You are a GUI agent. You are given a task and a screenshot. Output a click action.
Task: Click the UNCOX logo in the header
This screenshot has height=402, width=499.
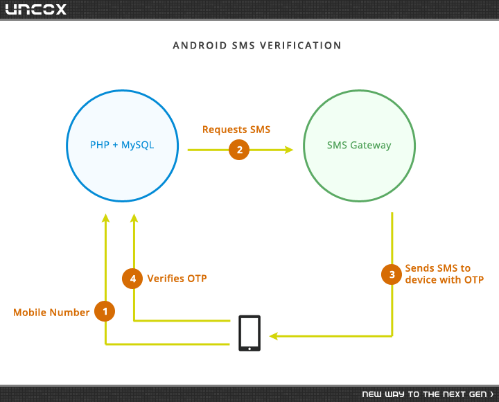click(x=35, y=9)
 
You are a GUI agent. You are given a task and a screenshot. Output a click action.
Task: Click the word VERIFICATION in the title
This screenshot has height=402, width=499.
click(x=300, y=46)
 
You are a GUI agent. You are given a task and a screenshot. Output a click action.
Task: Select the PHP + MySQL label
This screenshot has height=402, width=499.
click(x=122, y=145)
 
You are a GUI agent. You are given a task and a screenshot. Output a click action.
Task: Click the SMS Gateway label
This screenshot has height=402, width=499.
click(x=359, y=146)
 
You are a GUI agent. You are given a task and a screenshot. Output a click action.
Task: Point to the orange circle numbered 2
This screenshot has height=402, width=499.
click(x=239, y=150)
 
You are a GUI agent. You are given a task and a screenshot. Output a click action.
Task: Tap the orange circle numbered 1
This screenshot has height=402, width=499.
click(x=105, y=311)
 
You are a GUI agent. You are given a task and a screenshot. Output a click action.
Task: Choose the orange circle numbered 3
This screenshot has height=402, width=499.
click(x=392, y=274)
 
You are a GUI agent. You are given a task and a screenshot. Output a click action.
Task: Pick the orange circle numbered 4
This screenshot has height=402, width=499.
click(x=132, y=279)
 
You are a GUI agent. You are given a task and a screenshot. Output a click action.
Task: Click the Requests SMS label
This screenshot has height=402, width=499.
click(x=236, y=130)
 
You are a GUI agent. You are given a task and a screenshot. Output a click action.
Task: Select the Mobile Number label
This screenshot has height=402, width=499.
click(x=51, y=313)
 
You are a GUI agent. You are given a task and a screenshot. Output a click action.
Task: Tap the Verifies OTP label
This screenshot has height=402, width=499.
click(x=177, y=279)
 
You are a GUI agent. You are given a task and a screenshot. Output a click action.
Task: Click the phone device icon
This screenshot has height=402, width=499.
click(x=249, y=333)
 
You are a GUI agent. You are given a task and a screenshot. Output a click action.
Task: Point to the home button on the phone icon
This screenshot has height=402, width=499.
click(x=249, y=349)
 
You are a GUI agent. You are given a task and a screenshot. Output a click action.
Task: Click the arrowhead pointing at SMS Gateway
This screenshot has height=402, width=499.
click(x=289, y=150)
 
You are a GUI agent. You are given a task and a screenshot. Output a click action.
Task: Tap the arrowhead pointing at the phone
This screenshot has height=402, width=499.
click(x=274, y=336)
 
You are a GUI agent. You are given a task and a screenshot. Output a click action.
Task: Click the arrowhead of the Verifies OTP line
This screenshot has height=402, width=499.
click(x=134, y=218)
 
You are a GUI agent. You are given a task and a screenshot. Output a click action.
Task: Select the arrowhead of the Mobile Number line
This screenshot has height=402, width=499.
click(x=105, y=218)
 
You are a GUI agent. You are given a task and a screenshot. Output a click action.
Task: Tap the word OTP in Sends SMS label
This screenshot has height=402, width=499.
click(x=474, y=280)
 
